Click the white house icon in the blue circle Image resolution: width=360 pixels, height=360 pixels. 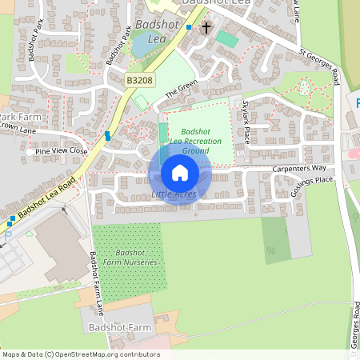pyautogui.click(x=180, y=172)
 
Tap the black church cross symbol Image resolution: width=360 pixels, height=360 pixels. pyautogui.click(x=206, y=28)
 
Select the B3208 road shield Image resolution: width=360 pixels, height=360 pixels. pyautogui.click(x=139, y=81)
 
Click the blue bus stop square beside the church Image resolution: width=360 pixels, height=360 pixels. pyautogui.click(x=189, y=27)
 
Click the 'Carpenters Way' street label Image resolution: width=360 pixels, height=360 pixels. pyautogui.click(x=299, y=168)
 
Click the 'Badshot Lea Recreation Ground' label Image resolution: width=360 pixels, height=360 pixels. pyautogui.click(x=195, y=141)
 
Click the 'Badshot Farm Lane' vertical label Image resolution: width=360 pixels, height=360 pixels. pyautogui.click(x=97, y=283)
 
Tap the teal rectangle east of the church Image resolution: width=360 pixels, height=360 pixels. pyautogui.click(x=227, y=38)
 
